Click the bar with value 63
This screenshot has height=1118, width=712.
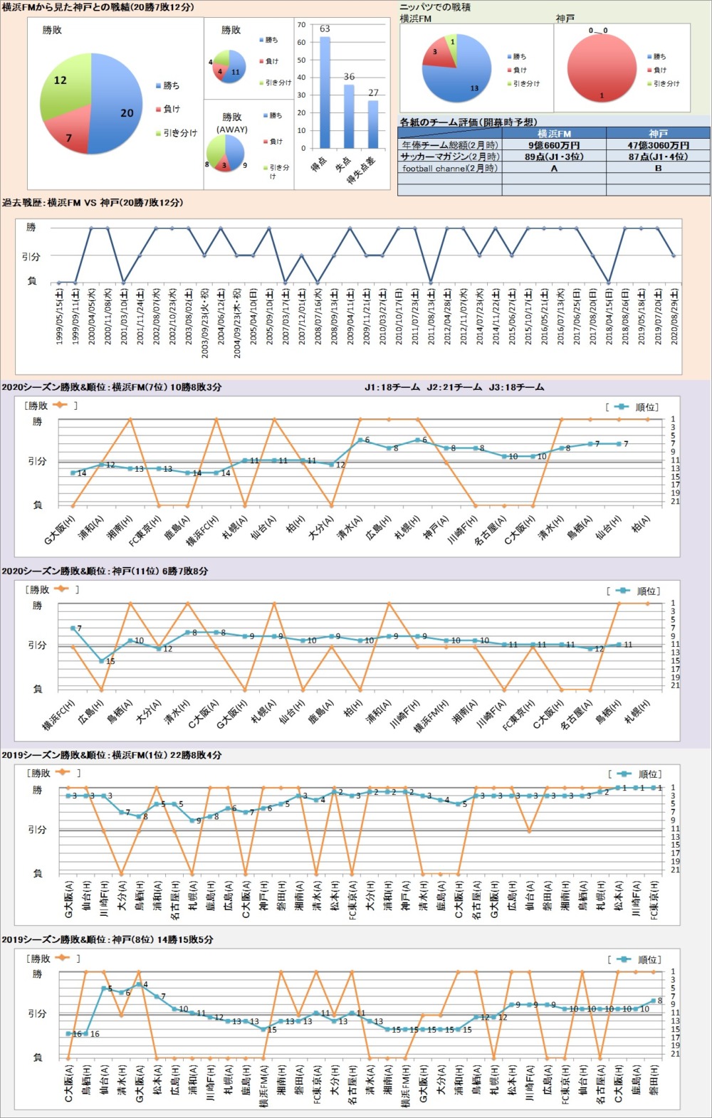coord(325,93)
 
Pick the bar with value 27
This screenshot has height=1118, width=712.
coord(373,124)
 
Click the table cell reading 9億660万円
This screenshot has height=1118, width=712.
coord(554,145)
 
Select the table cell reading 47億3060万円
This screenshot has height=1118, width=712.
coord(658,145)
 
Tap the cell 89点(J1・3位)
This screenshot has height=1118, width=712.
coord(554,157)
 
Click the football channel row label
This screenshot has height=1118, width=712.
coord(449,169)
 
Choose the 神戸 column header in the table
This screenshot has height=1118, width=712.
coord(658,134)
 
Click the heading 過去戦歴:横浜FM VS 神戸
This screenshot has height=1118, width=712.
coord(93,203)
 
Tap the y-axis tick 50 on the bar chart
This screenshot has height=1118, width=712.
coord(301,60)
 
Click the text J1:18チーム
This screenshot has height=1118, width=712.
coord(392,388)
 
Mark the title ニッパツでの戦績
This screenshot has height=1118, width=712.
coord(435,7)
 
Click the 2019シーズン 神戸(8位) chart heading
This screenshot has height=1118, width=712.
coord(107,939)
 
